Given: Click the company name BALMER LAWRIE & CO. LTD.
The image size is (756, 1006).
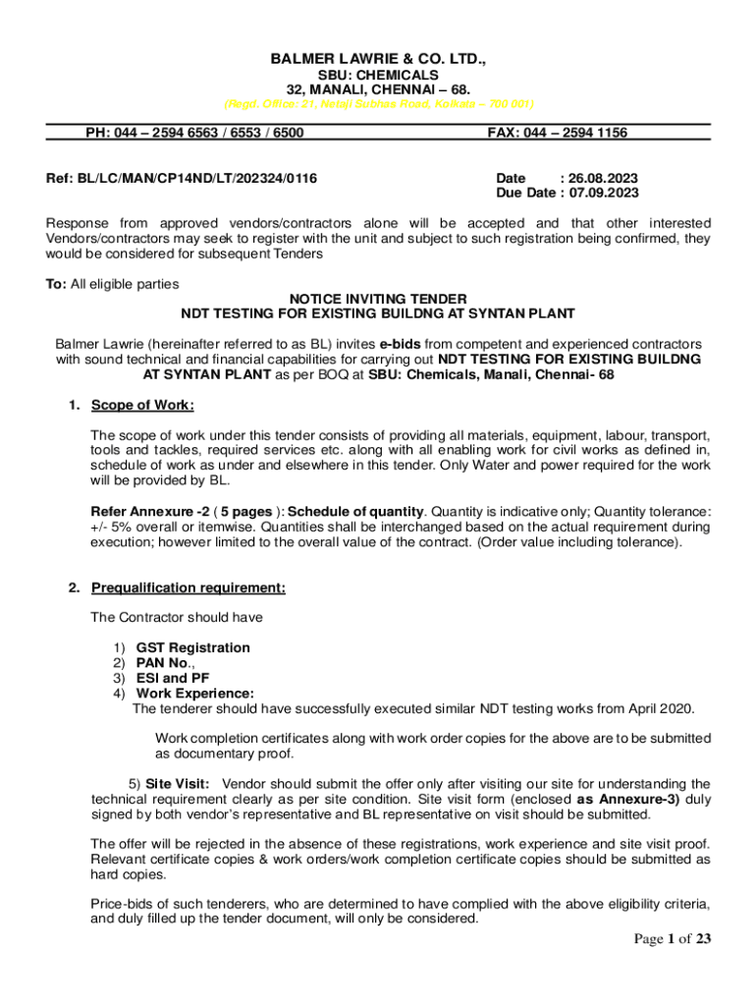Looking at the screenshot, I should (378, 60).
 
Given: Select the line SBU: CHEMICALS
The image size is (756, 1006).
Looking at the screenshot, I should (378, 75).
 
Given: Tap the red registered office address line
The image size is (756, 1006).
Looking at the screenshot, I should (378, 103).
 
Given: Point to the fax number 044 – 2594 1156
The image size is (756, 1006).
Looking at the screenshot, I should (579, 133).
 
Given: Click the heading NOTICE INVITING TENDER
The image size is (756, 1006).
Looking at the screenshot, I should (378, 299).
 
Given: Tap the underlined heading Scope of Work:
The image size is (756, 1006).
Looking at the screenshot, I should (142, 405).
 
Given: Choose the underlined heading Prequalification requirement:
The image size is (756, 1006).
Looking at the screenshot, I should (189, 588).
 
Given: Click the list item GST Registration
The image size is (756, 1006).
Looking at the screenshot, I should (192, 647).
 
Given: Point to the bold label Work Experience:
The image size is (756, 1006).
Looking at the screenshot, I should (194, 693).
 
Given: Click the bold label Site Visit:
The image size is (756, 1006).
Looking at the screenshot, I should (177, 784).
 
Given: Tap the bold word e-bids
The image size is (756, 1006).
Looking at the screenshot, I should (401, 345).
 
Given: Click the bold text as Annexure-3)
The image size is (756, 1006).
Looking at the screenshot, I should (624, 799).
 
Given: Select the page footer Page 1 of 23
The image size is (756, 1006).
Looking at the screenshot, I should (672, 939).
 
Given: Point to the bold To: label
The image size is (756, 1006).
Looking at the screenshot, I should (56, 284).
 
